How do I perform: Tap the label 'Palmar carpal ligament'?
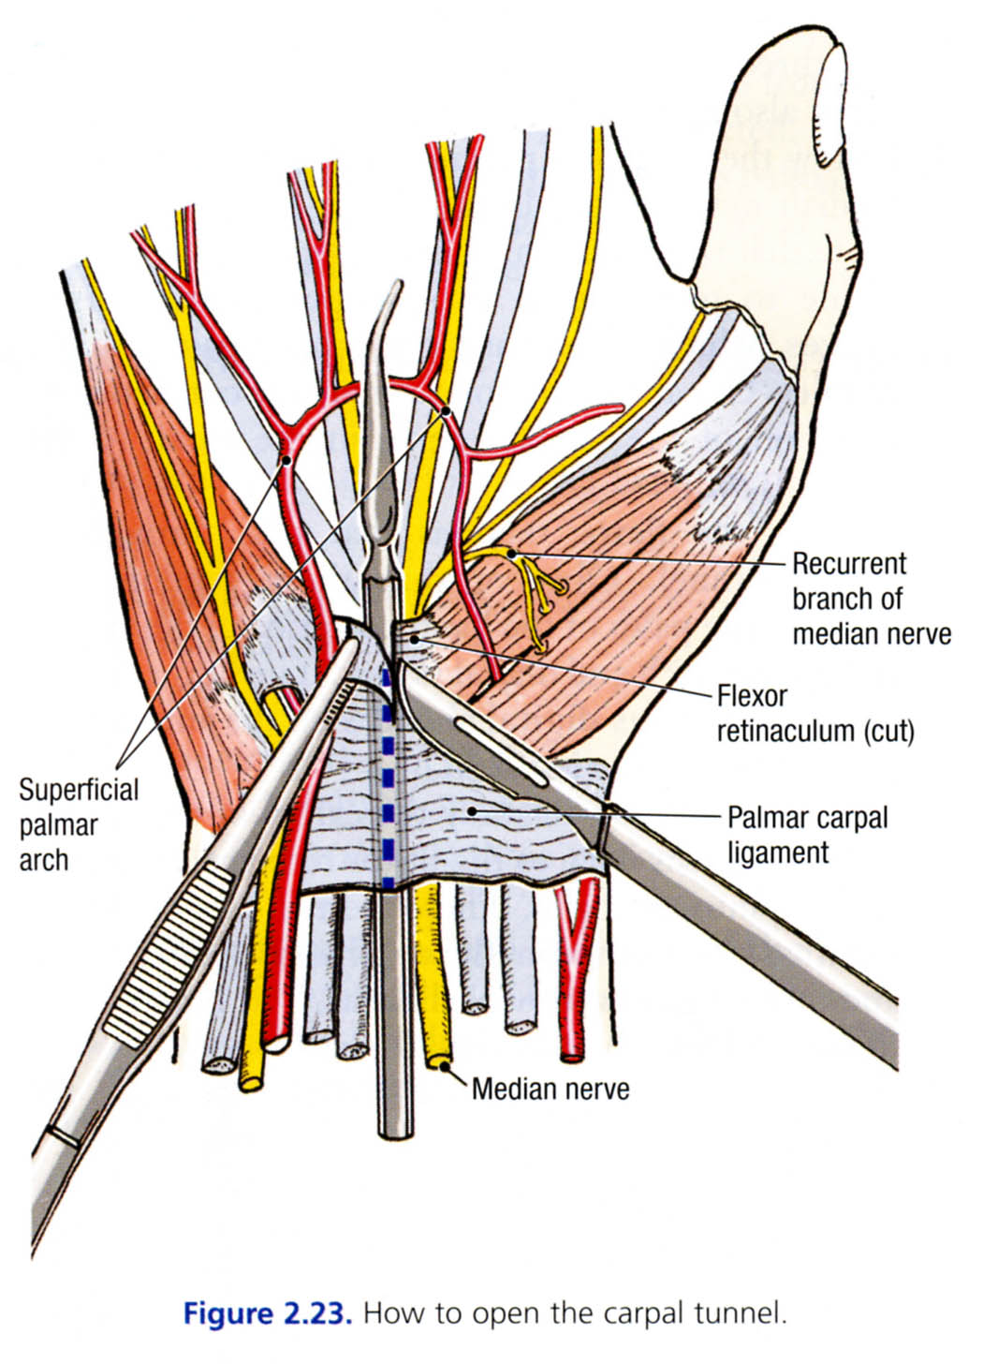tap(807, 834)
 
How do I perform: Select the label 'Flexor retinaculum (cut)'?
tap(814, 713)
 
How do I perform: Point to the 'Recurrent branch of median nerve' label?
tap(871, 599)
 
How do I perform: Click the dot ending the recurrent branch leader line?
tap(512, 555)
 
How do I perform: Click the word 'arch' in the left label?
tap(44, 859)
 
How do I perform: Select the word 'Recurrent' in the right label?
tap(849, 564)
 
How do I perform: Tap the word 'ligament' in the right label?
tap(778, 852)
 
